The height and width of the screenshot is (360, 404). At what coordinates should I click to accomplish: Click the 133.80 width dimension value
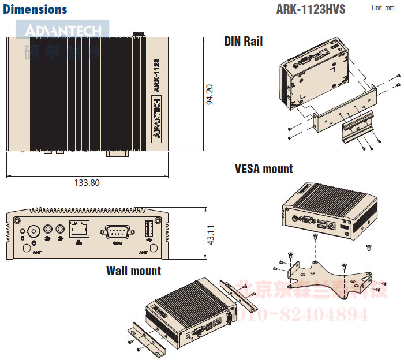click(87, 183)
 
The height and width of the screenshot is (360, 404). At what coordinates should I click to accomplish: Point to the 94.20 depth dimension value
click(210, 95)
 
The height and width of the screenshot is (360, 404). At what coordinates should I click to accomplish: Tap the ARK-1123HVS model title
click(311, 10)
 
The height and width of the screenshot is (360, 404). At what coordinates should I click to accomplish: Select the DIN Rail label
click(244, 41)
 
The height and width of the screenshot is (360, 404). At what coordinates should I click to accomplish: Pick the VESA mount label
click(264, 169)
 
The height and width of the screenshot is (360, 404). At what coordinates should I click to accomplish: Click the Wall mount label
click(133, 271)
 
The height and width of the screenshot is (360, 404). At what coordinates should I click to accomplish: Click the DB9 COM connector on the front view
click(117, 232)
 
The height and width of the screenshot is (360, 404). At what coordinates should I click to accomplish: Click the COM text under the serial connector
click(117, 243)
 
